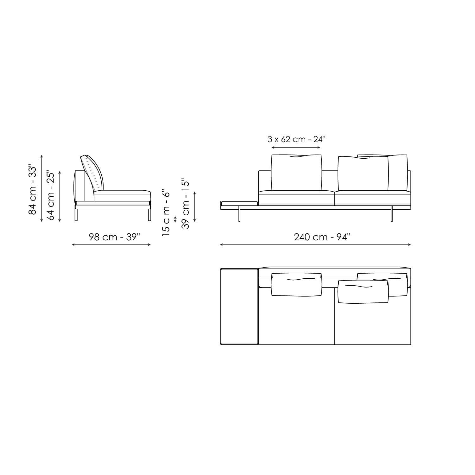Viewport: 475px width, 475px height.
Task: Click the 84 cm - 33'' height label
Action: tap(33, 189)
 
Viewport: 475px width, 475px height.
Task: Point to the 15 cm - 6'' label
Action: tap(166, 213)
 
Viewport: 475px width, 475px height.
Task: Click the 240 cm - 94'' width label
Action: tap(322, 237)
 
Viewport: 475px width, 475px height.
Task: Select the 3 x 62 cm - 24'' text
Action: tap(296, 139)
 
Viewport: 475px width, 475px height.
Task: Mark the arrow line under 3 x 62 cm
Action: tap(296, 148)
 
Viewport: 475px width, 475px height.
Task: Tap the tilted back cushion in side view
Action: tap(92, 173)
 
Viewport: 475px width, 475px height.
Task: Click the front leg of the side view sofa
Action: tap(149, 215)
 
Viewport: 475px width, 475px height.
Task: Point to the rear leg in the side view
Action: tap(76, 215)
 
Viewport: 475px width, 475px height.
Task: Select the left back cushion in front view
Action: tap(296, 173)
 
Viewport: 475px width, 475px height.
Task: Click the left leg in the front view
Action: tap(239, 215)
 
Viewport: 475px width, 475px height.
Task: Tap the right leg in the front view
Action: tap(392, 215)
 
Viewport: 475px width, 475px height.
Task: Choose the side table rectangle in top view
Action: tap(239, 306)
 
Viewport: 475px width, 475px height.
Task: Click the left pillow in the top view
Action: tap(296, 285)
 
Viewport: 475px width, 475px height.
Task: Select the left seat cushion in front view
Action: tap(296, 198)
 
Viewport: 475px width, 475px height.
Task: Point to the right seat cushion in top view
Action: tap(372, 323)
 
